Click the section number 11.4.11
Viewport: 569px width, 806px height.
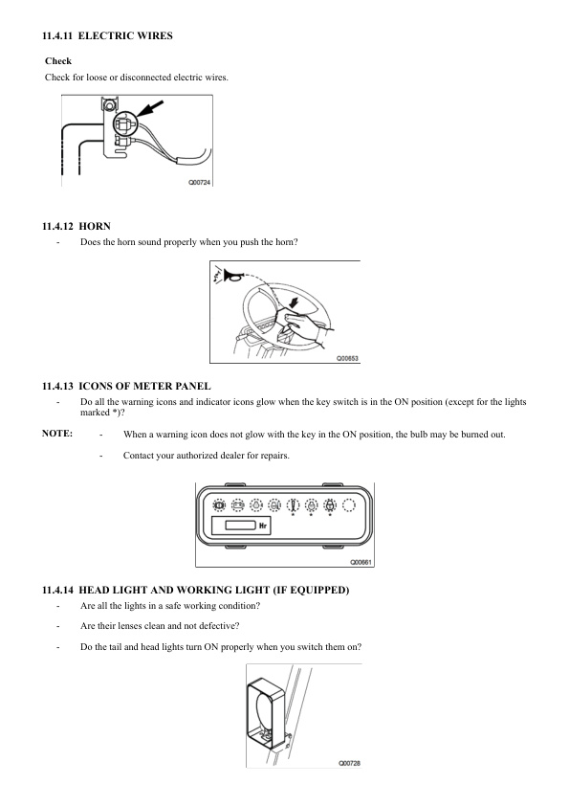point(57,36)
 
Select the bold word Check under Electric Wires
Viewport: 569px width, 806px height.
point(58,61)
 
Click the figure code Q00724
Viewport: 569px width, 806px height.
point(199,183)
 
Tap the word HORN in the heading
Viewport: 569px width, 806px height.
point(95,227)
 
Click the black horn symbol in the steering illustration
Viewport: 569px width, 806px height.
point(232,277)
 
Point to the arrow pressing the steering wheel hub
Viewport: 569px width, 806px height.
point(294,303)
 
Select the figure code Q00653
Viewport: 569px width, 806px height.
point(347,358)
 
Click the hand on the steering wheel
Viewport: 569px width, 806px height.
point(303,328)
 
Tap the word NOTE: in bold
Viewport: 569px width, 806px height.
point(57,434)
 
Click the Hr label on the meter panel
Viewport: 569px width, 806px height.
point(263,526)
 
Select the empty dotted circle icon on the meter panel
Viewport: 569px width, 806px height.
point(349,505)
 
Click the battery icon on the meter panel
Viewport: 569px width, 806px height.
point(237,505)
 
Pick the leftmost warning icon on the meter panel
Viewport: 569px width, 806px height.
point(219,505)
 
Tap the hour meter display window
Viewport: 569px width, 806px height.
point(240,525)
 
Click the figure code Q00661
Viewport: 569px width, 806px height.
point(361,562)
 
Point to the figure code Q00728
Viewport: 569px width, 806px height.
point(349,763)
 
